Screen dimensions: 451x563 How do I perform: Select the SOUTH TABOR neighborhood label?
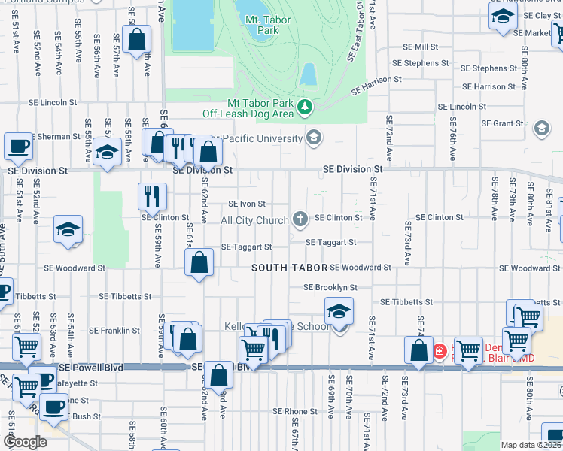(289, 268)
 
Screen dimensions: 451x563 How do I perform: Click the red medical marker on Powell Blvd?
(440, 351)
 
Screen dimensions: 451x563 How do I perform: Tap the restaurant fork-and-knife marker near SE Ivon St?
(152, 196)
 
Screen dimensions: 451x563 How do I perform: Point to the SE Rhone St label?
(295, 411)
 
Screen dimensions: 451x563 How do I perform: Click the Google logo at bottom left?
(25, 441)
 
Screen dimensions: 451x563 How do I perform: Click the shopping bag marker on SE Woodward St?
(199, 263)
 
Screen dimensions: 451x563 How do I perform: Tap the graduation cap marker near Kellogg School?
(339, 310)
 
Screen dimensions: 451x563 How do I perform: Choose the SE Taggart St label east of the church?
(330, 242)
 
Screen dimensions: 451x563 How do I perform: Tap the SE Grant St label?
(504, 123)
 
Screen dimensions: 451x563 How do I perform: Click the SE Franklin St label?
(114, 330)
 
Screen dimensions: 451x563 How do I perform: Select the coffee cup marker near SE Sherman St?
(18, 146)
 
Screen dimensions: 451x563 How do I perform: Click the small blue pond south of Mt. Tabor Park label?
(308, 74)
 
